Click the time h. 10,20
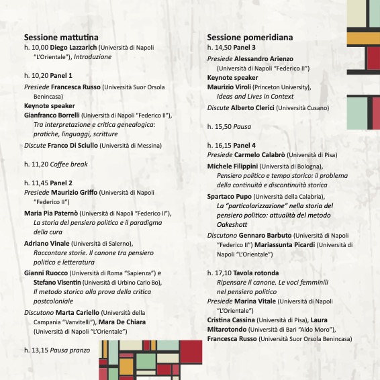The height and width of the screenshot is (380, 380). tap(36, 77)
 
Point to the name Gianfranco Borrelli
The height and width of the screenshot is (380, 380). tap(57, 115)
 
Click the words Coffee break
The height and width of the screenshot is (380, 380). tap(69, 163)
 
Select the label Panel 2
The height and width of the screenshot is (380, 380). tap(61, 182)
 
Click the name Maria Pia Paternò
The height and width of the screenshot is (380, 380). tap(53, 213)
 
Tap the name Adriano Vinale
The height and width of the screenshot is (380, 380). tap(48, 242)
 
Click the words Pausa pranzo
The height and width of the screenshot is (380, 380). tap(70, 350)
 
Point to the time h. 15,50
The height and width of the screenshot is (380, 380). tap(220, 126)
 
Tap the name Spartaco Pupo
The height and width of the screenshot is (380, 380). tap(230, 195)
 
